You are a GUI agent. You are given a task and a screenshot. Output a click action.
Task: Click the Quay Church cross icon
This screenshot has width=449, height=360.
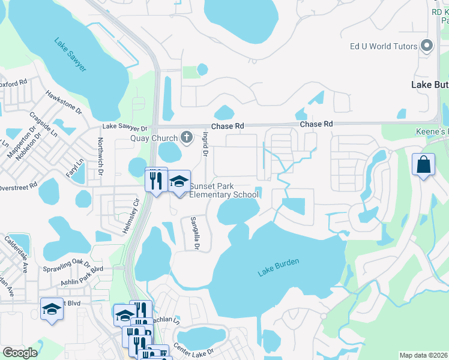pos(187,137)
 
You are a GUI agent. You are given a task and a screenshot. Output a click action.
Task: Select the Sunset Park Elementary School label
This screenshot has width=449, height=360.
pos(224,190)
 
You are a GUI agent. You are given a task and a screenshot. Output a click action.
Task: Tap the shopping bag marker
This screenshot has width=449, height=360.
pos(423,164)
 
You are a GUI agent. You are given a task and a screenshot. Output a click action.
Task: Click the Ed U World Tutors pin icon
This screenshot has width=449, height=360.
pos(427,46)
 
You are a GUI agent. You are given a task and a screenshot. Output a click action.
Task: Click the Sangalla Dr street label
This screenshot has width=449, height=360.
pos(194,233)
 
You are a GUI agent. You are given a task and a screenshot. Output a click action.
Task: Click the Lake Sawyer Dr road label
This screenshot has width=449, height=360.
pos(124,128)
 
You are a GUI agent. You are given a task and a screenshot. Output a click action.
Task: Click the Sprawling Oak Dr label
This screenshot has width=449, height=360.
pos(66,263)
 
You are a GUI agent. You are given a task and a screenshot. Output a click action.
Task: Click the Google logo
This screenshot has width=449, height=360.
pos(19,353)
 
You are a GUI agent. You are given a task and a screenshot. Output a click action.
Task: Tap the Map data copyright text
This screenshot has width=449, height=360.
pos(424,355)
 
